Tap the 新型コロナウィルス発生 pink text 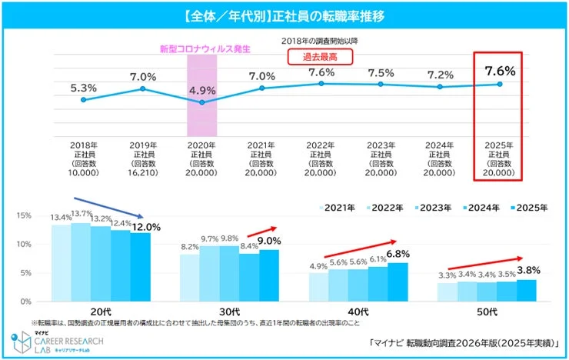205,48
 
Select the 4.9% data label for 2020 203,90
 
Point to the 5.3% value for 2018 83,87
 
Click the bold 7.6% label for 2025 500,71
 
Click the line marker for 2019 143,89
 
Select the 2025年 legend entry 530,208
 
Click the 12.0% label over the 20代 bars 145,227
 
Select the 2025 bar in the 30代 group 268,275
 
